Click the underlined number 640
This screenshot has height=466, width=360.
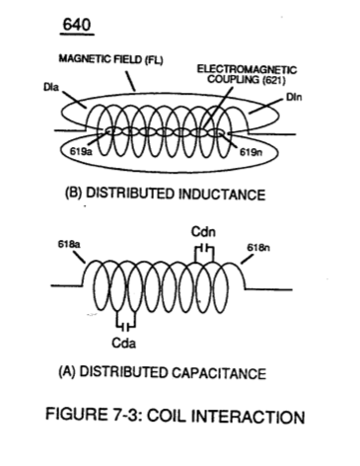(77, 25)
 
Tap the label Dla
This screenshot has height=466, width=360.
(51, 87)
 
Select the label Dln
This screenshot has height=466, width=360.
(294, 98)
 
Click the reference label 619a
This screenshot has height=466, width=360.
(81, 152)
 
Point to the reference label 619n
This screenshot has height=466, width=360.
(251, 152)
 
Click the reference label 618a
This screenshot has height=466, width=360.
(70, 245)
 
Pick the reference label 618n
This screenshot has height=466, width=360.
(258, 248)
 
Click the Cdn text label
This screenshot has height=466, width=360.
(203, 232)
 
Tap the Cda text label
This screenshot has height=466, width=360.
(124, 344)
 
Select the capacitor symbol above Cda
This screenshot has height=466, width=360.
(125, 326)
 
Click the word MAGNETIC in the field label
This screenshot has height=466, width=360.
(85, 59)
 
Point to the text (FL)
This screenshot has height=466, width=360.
(154, 60)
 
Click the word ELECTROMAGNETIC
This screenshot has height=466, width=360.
(247, 69)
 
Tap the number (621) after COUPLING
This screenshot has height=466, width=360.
(273, 80)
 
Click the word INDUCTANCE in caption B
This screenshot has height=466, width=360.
(222, 194)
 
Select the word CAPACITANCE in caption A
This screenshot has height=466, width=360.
(219, 373)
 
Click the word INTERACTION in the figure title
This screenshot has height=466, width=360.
(248, 417)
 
